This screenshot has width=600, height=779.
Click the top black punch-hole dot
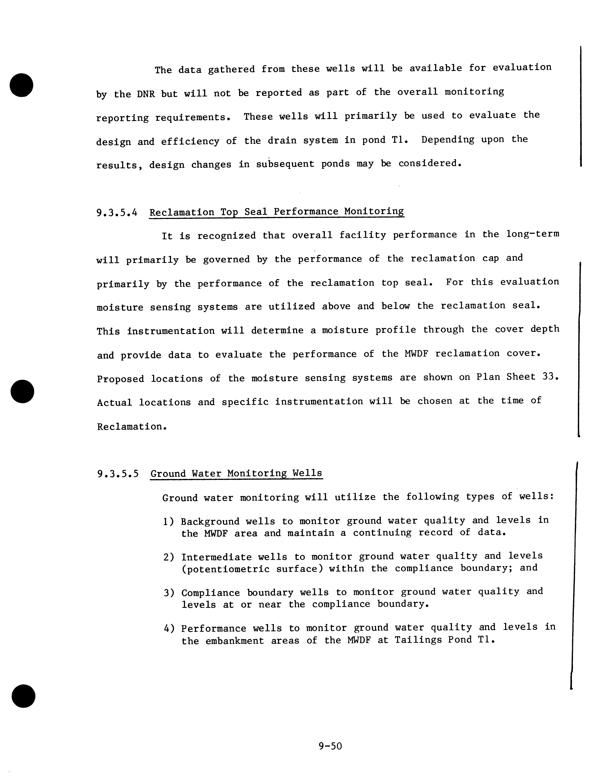(x=21, y=85)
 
